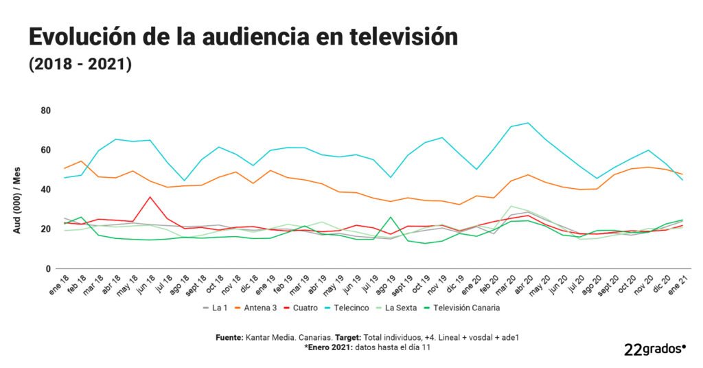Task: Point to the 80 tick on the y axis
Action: [x=45, y=111]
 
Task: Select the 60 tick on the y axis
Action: [x=45, y=150]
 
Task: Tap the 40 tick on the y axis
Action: [x=45, y=189]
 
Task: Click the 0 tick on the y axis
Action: [x=48, y=269]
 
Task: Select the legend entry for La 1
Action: [x=218, y=308]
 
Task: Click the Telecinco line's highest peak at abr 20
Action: [x=527, y=123]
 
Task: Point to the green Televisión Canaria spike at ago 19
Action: [x=391, y=217]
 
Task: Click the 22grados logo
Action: [x=655, y=349]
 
